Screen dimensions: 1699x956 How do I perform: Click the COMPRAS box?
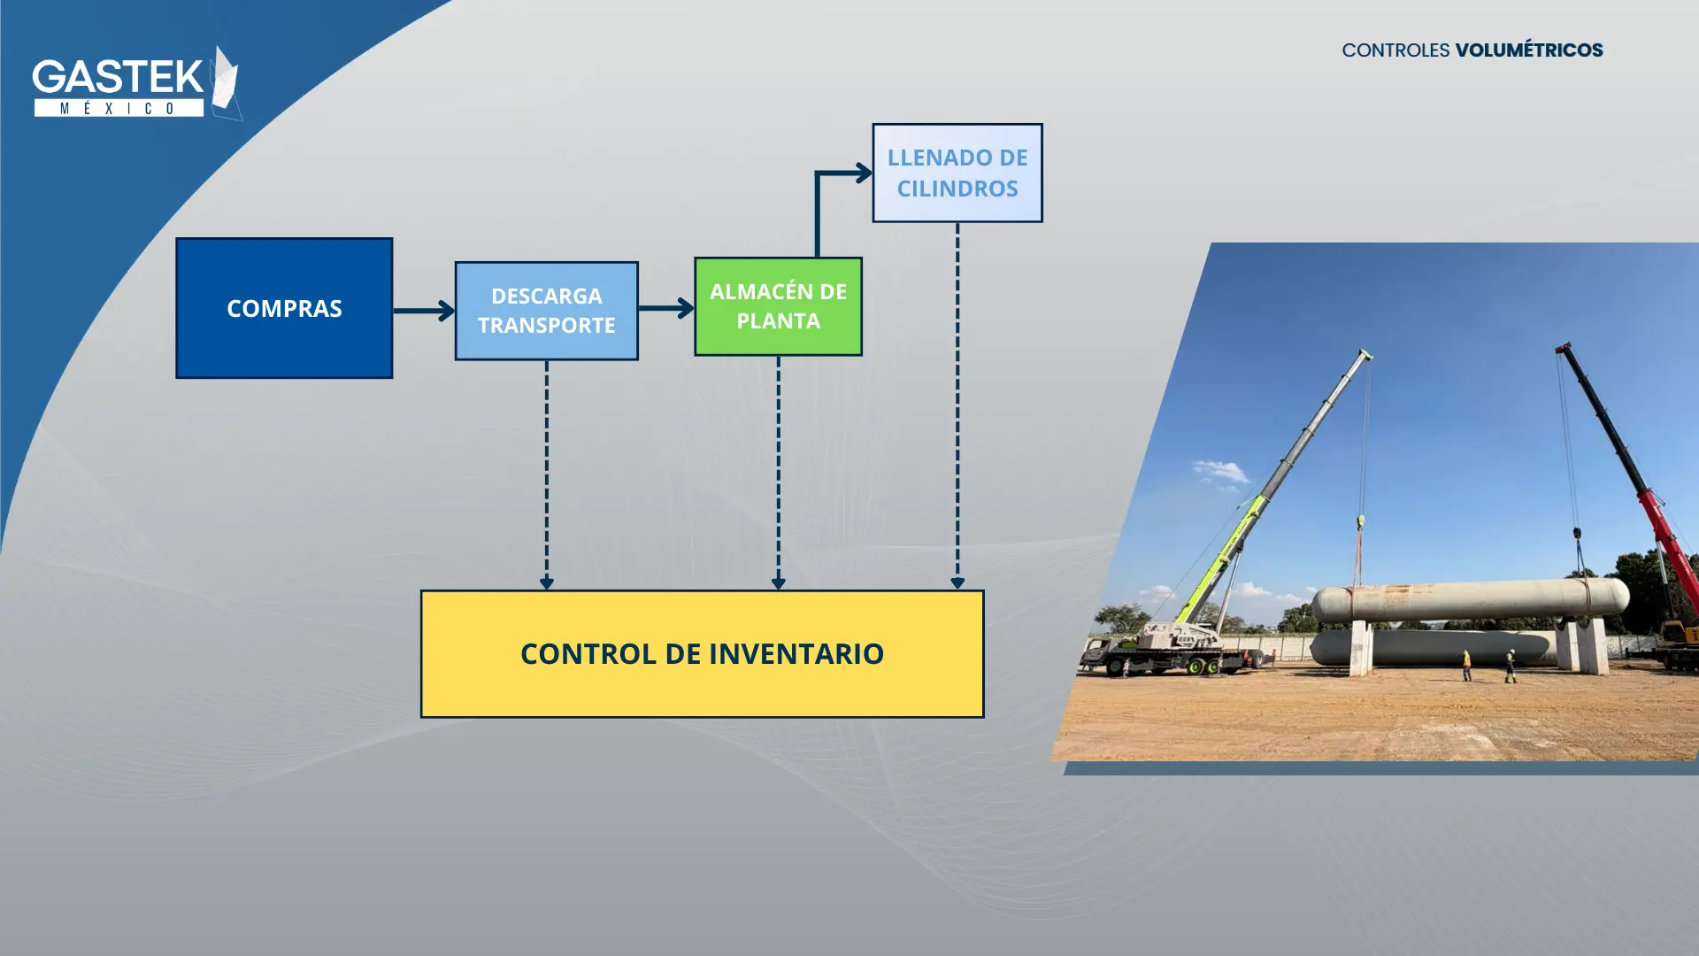click(284, 308)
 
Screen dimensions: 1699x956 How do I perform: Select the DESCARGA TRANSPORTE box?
click(546, 311)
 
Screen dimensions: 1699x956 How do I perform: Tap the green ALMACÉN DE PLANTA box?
click(778, 306)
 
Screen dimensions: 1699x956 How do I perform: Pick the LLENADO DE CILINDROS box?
click(957, 173)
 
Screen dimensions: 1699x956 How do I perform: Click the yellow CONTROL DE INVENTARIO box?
click(702, 654)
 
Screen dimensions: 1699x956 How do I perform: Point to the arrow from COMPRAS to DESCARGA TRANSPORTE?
click(424, 311)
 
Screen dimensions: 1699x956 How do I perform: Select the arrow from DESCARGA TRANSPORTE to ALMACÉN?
click(666, 308)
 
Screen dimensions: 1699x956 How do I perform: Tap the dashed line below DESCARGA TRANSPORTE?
click(546, 474)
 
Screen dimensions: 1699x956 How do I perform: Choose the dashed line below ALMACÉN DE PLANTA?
click(778, 473)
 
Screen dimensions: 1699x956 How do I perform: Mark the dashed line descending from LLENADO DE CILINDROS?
click(957, 405)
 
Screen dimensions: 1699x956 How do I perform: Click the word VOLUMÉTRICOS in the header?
click(1529, 50)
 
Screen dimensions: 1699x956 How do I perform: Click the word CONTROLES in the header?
click(1395, 50)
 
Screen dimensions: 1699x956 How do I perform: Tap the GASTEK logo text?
click(118, 77)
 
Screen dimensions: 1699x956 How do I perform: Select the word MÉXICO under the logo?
click(119, 108)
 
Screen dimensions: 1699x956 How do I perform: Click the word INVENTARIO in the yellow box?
click(796, 654)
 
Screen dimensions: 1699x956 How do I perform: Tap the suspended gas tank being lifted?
click(1470, 599)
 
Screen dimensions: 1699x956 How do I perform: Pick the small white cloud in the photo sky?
click(1221, 473)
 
